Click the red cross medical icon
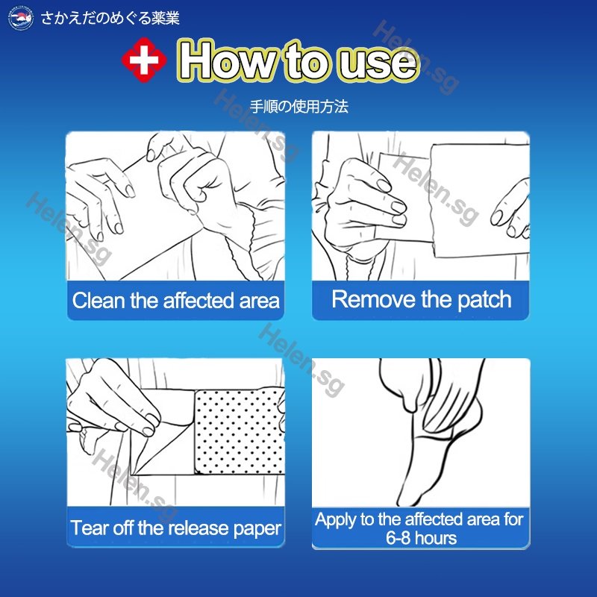pos(144,60)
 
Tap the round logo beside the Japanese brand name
pos(21,18)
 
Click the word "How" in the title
pos(228,60)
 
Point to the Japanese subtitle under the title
pos(299,107)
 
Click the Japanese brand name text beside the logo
pos(110,18)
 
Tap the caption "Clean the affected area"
pos(175,301)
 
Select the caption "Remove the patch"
pos(422,299)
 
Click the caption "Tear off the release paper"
pos(175,528)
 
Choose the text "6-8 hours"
pos(421,538)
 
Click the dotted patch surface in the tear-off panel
pos(239,432)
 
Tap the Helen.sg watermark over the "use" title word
pos(416,57)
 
